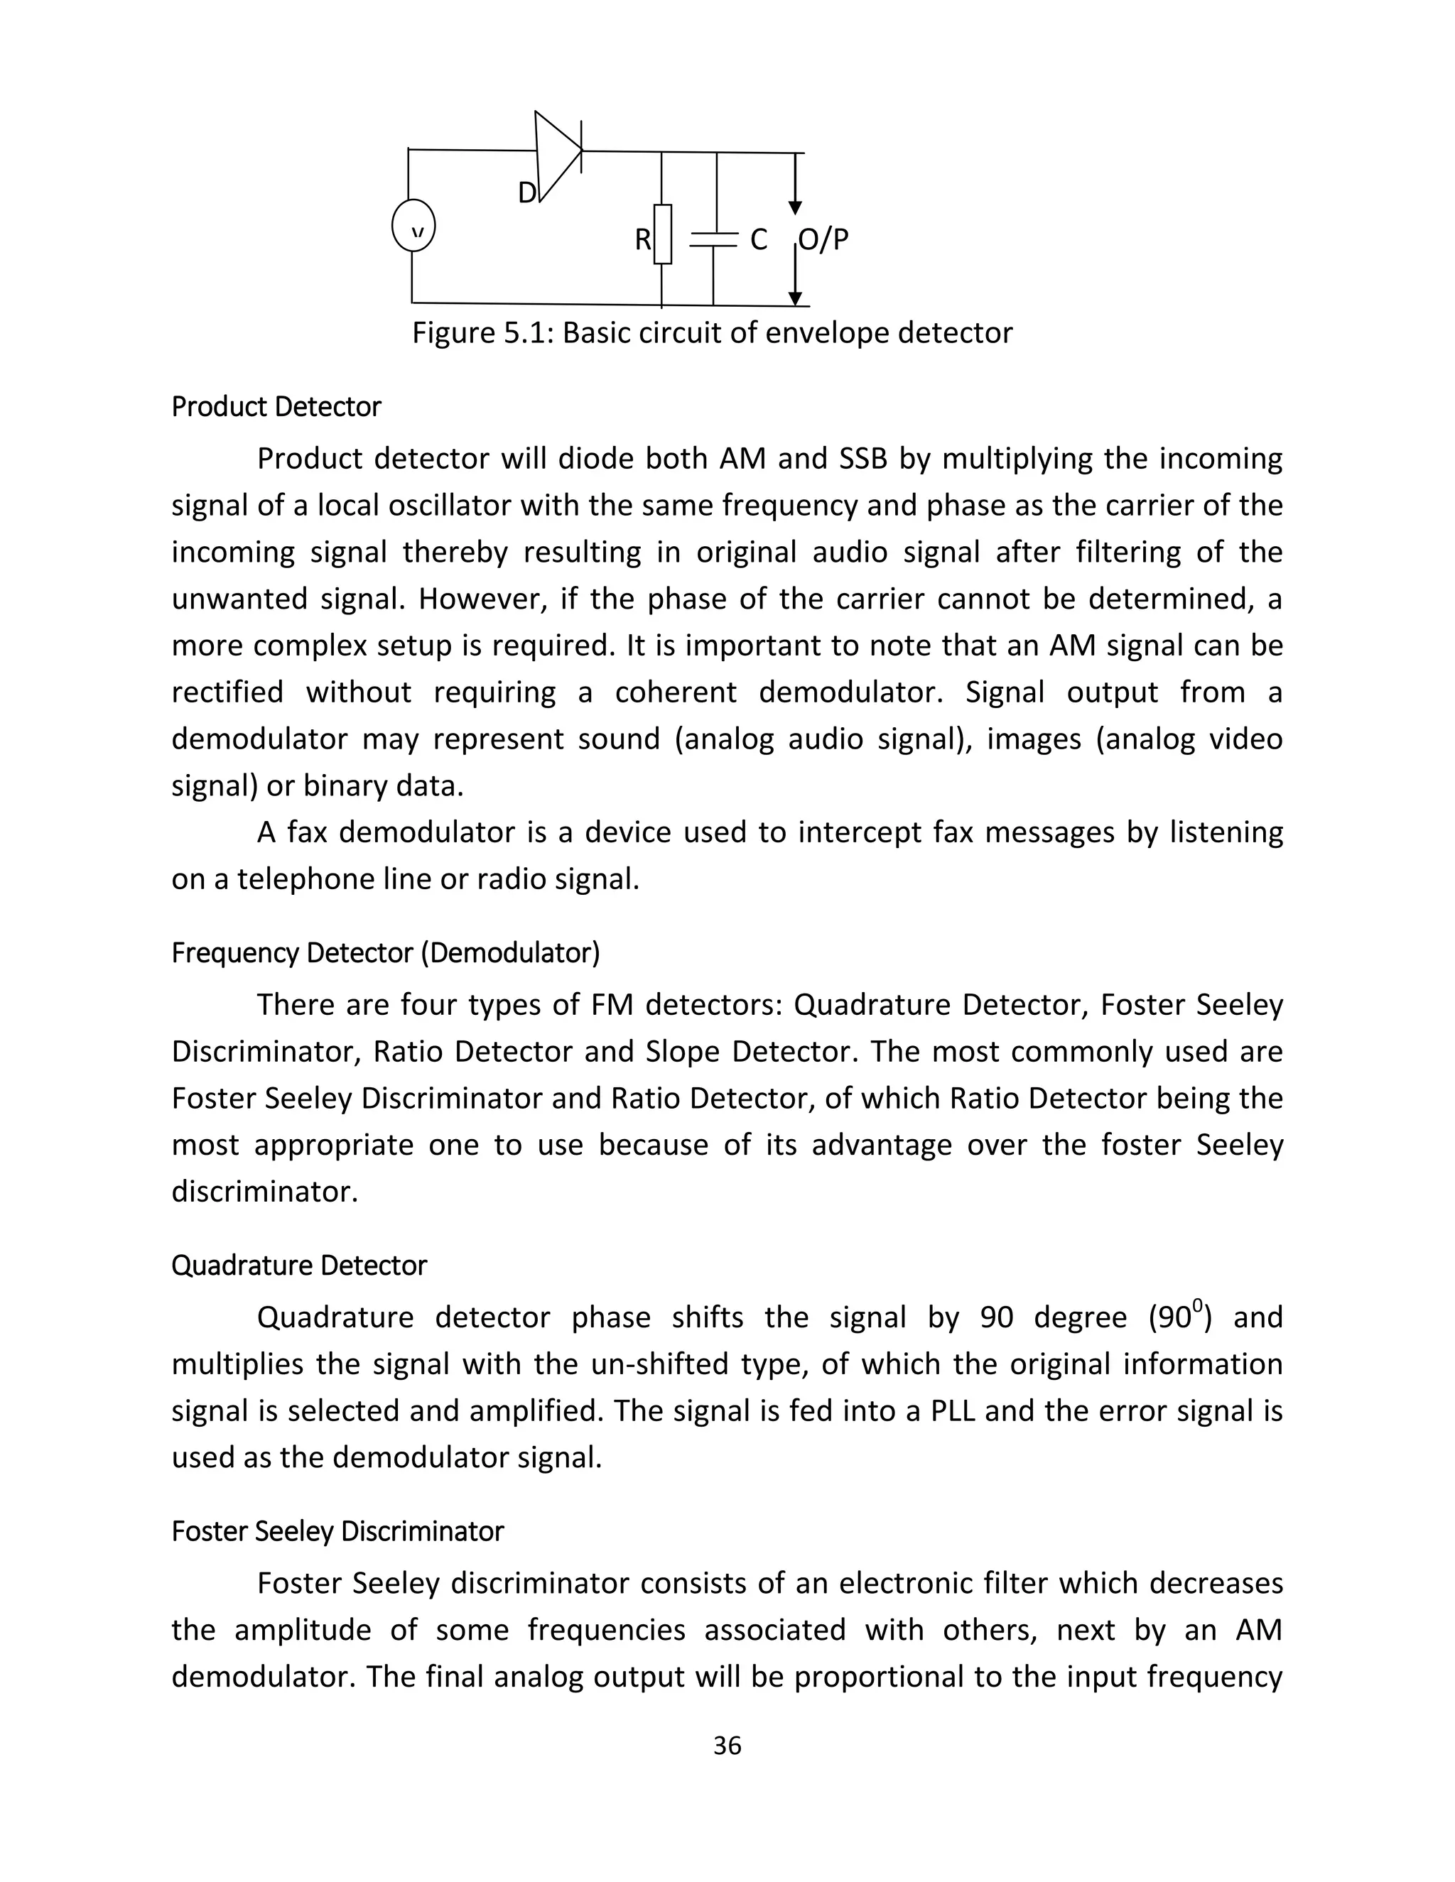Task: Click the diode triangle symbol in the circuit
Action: tap(556, 154)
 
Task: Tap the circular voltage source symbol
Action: tap(413, 226)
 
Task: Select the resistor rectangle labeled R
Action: tap(662, 234)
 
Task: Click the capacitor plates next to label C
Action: tap(714, 239)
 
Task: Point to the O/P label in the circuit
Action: tap(823, 239)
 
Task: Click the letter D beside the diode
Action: tap(526, 193)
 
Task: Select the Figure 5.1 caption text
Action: tap(712, 332)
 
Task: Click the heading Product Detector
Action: tap(276, 406)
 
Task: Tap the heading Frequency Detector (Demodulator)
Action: tap(385, 952)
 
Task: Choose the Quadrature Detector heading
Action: tap(299, 1265)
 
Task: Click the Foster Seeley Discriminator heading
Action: tap(337, 1531)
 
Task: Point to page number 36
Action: tap(727, 1745)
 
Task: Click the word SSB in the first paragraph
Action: tap(862, 459)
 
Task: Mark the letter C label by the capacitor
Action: tap(759, 239)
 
